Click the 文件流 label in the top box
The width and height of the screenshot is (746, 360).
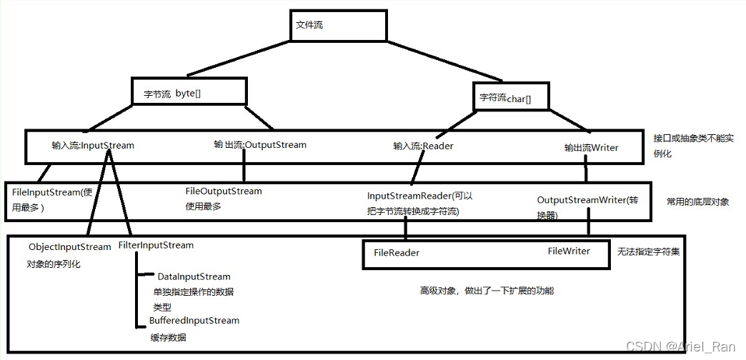pyautogui.click(x=309, y=25)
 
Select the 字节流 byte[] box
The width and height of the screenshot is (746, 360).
pyautogui.click(x=189, y=92)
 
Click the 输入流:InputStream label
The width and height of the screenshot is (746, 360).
pyautogui.click(x=93, y=146)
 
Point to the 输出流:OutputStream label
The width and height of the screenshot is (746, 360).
pyautogui.click(x=260, y=145)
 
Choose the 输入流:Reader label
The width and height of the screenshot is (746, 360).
pyautogui.click(x=423, y=146)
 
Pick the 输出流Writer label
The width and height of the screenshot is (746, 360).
pyautogui.click(x=591, y=148)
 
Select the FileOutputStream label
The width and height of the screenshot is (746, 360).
pyautogui.click(x=224, y=191)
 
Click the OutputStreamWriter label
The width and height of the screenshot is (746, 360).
pyautogui.click(x=582, y=200)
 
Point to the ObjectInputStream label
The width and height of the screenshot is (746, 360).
pyautogui.click(x=70, y=247)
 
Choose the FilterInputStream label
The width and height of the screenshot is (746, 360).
pyautogui.click(x=156, y=246)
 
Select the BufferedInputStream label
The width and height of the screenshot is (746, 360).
pyautogui.click(x=194, y=321)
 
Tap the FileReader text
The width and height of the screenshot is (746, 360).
pyautogui.click(x=397, y=253)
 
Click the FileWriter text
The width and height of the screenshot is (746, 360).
pyautogui.click(x=569, y=251)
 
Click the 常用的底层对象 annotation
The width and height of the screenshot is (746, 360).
pyautogui.click(x=697, y=202)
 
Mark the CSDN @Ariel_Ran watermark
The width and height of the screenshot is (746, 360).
pyautogui.click(x=680, y=346)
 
